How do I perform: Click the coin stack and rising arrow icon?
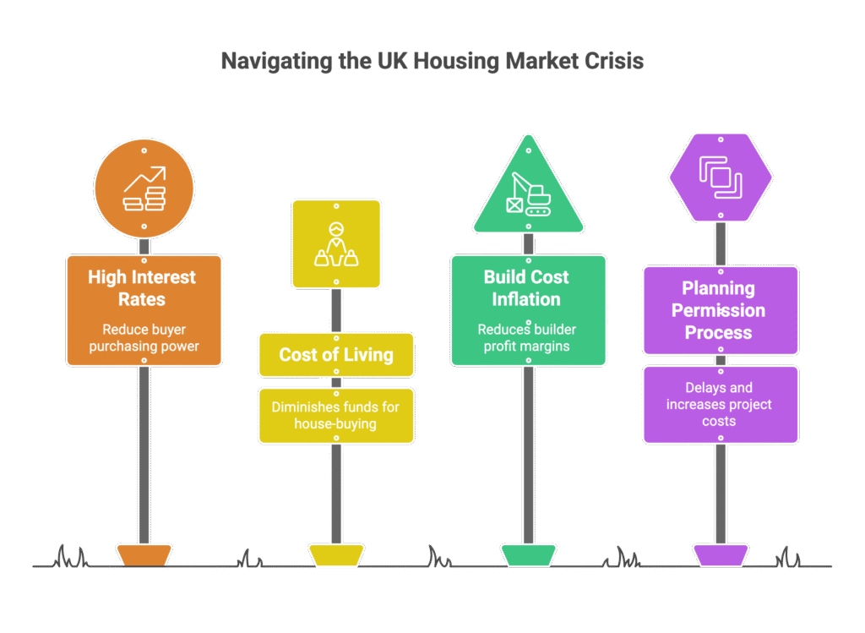click(144, 188)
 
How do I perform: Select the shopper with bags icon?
click(336, 244)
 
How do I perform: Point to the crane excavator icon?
click(528, 194)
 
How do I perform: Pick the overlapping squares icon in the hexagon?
click(721, 177)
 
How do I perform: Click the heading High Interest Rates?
click(142, 287)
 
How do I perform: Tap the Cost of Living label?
click(336, 354)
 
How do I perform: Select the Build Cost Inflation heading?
click(526, 287)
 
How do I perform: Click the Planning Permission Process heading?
click(718, 310)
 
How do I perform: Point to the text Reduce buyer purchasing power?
click(144, 338)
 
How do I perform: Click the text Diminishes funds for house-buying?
click(335, 416)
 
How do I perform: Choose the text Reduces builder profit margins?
click(527, 338)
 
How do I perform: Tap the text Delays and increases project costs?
click(719, 405)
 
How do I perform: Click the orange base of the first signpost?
click(144, 555)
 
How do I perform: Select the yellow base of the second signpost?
click(336, 555)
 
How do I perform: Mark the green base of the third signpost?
click(528, 555)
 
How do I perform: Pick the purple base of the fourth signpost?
click(721, 555)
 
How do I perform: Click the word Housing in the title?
click(456, 62)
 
